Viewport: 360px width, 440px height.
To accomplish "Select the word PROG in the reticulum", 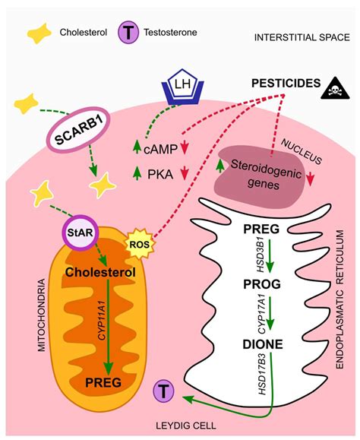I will coord(264,285).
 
